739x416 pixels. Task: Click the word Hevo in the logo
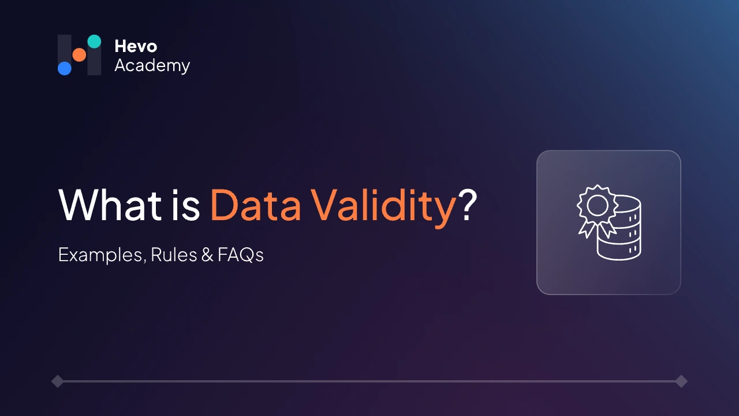click(x=136, y=46)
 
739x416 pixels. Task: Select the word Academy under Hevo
click(x=152, y=66)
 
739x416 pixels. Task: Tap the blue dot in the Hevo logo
click(x=65, y=68)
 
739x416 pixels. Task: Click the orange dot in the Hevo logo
click(x=79, y=55)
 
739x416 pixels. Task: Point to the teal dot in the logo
click(x=94, y=41)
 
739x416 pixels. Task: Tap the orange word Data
click(x=255, y=206)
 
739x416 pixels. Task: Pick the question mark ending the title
click(x=468, y=206)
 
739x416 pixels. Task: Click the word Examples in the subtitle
click(x=101, y=255)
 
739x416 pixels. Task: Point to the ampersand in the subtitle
click(x=207, y=255)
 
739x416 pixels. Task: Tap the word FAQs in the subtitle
click(x=241, y=255)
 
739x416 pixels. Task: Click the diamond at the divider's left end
click(x=57, y=381)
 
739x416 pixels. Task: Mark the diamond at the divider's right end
click(x=681, y=381)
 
